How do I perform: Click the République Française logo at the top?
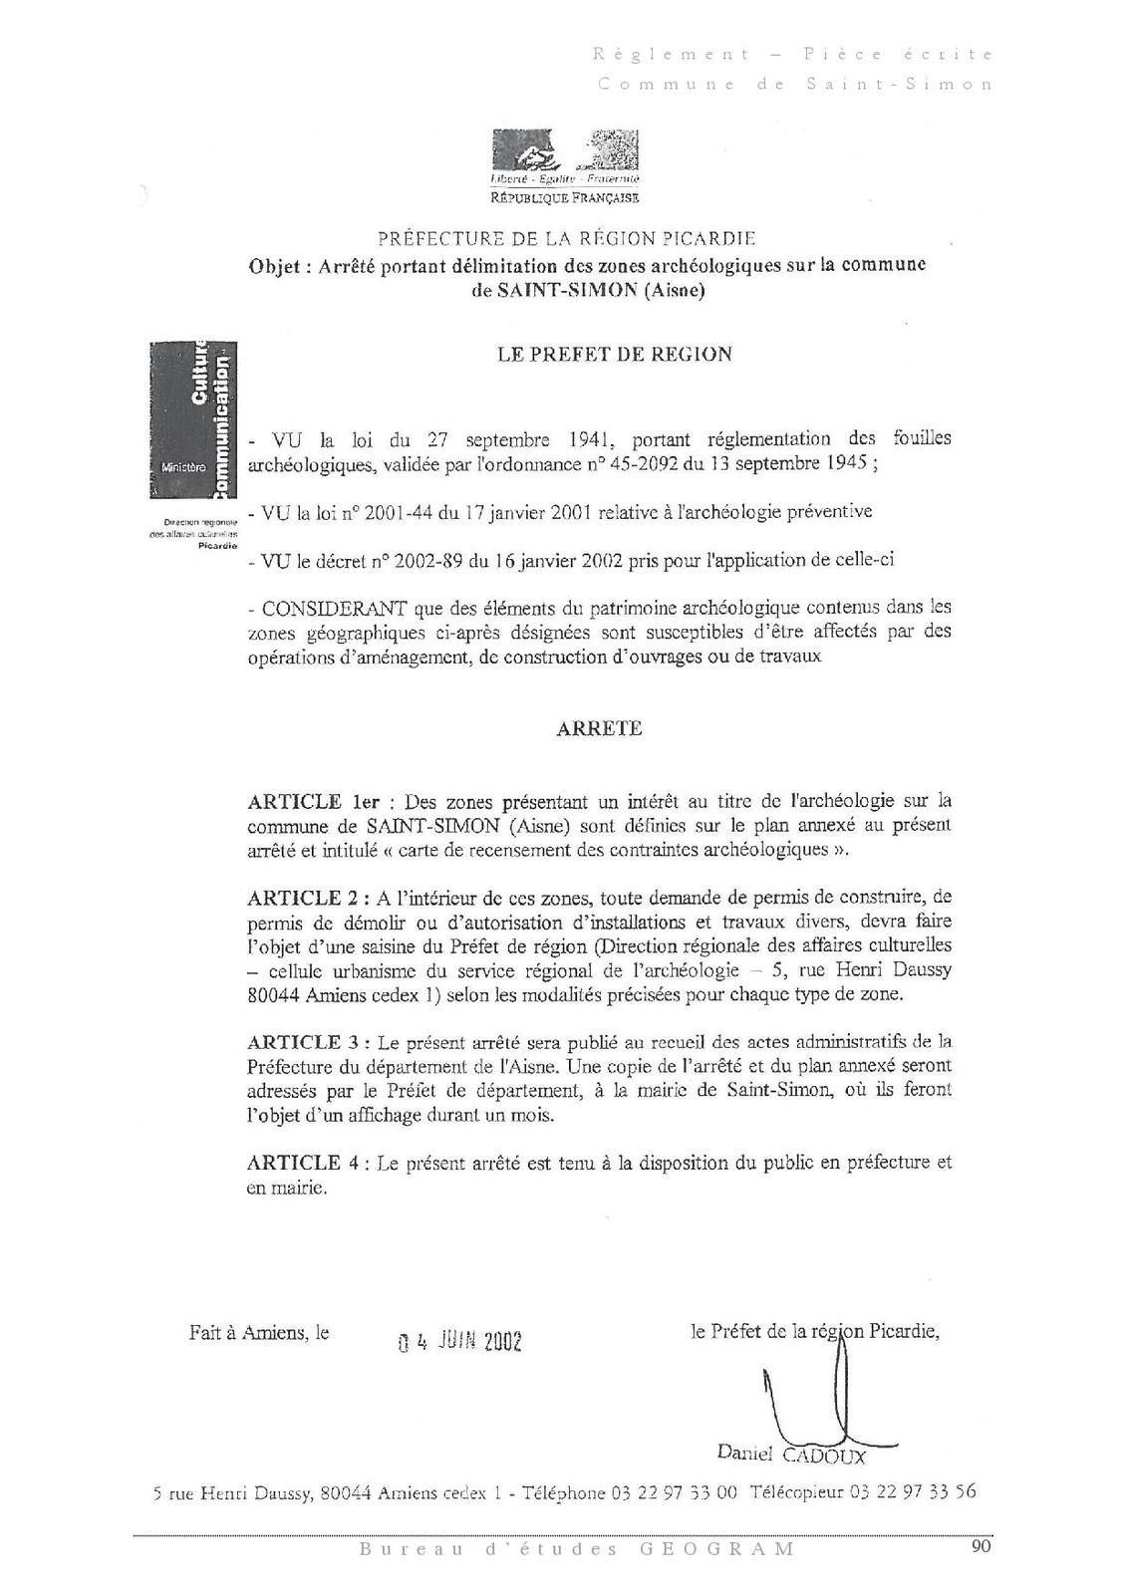(565, 164)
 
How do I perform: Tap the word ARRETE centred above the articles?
(598, 728)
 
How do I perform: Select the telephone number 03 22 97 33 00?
(674, 1492)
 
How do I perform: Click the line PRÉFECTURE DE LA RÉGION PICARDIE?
(566, 239)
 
